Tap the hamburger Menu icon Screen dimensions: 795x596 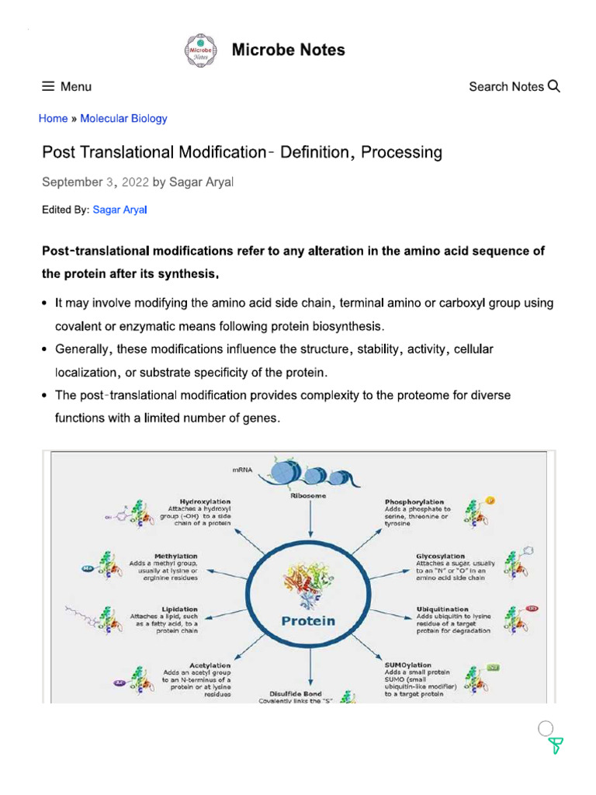(48, 87)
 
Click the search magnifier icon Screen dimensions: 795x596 (553, 86)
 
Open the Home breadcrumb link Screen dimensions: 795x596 (53, 119)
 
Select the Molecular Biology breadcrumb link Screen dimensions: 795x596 (123, 119)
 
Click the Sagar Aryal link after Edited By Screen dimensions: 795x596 (120, 210)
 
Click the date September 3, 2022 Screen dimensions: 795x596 (95, 182)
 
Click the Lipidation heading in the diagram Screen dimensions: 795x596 (179, 609)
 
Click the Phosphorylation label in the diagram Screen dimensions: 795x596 (414, 502)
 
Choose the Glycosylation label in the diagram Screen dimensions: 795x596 (441, 556)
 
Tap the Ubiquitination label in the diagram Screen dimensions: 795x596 (442, 609)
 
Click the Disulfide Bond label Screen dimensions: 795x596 (295, 693)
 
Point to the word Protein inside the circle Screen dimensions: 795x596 (308, 620)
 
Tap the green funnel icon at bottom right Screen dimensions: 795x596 (555, 747)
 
